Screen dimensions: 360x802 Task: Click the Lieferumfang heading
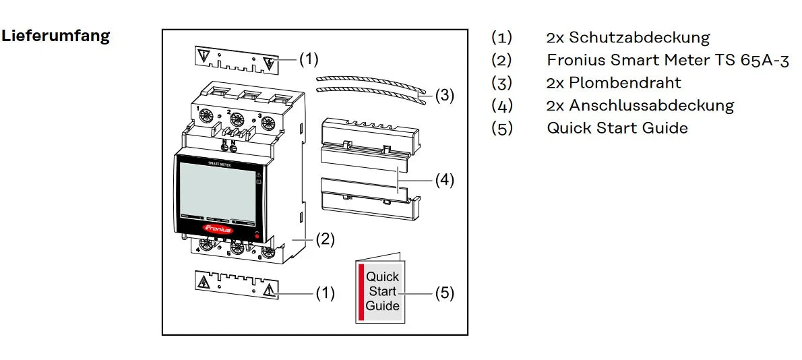pyautogui.click(x=56, y=36)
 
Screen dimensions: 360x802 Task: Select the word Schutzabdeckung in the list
pyautogui.click(x=639, y=38)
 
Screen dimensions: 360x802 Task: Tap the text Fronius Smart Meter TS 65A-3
pyautogui.click(x=667, y=60)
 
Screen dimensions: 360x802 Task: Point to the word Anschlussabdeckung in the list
pyautogui.click(x=651, y=105)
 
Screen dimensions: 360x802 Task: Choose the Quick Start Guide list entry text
pyautogui.click(x=617, y=127)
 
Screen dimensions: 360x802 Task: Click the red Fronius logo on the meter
pyautogui.click(x=217, y=229)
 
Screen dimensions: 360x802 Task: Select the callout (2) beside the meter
pyautogui.click(x=325, y=239)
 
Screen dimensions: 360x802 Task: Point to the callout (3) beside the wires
pyautogui.click(x=444, y=96)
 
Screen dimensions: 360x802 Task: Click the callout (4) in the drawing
pyautogui.click(x=443, y=180)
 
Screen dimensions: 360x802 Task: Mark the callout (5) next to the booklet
pyautogui.click(x=443, y=293)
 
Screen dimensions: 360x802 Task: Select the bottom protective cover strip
pyautogui.click(x=235, y=286)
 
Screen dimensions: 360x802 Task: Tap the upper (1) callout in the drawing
pyautogui.click(x=308, y=59)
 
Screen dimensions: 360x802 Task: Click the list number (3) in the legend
pyautogui.click(x=501, y=83)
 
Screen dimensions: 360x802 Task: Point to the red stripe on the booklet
pyautogui.click(x=361, y=291)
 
